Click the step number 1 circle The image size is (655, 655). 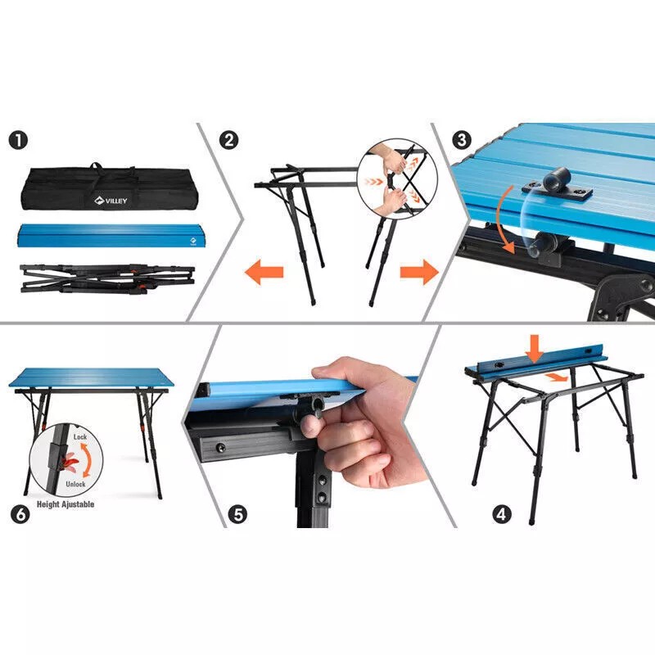[19, 140]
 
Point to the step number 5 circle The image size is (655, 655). [237, 514]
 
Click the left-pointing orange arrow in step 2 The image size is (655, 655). [263, 272]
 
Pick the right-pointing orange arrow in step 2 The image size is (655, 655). [418, 272]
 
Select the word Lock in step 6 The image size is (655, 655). [79, 438]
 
